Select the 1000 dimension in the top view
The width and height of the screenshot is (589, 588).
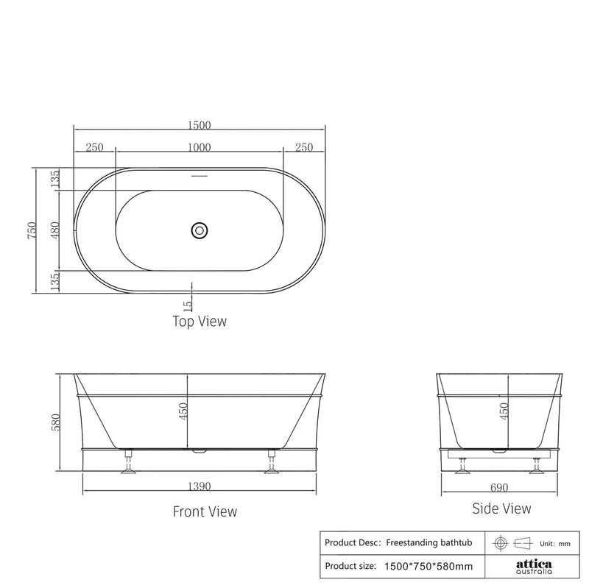click(199, 147)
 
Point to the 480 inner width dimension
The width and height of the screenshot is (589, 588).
click(54, 231)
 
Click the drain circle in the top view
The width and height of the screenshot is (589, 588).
click(199, 230)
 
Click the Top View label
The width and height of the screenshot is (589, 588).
click(199, 321)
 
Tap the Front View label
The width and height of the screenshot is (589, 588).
click(205, 511)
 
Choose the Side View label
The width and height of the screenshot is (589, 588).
click(501, 509)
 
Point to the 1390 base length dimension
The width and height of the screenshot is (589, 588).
click(199, 486)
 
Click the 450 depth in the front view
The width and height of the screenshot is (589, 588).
click(183, 411)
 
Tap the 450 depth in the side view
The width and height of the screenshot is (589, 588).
click(504, 411)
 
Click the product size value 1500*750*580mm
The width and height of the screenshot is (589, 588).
click(428, 567)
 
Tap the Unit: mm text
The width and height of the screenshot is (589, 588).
click(556, 543)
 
